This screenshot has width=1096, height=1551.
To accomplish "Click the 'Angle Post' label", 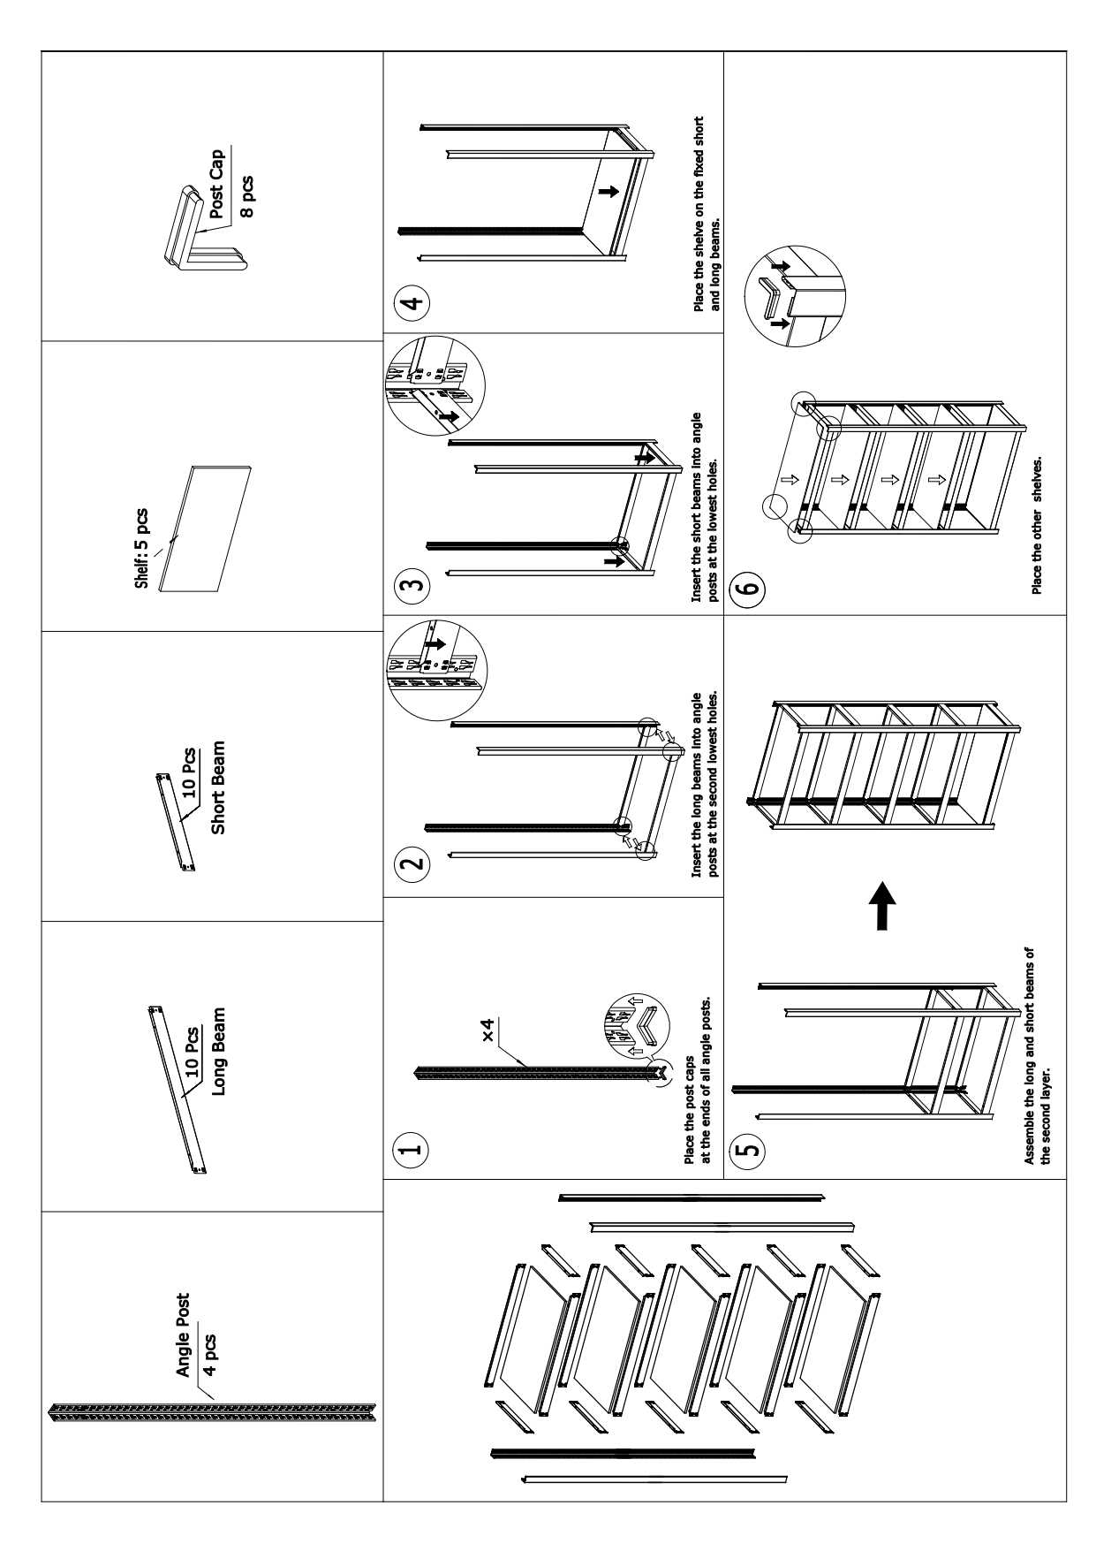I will (x=183, y=1335).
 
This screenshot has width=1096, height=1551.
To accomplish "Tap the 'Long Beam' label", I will (x=218, y=1052).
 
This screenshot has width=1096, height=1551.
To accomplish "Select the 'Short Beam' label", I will (x=217, y=787).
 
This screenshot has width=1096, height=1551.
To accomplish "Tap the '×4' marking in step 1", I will (x=487, y=1030).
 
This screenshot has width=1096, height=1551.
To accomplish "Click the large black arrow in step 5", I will (x=881, y=905).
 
